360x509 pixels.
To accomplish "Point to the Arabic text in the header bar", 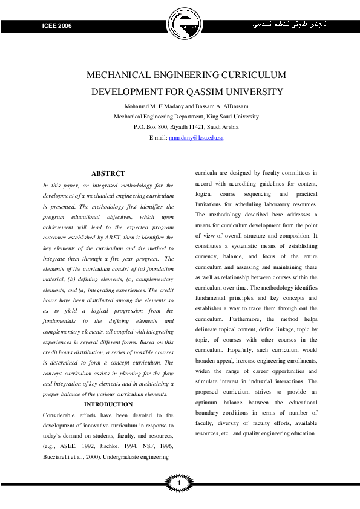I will (292, 26).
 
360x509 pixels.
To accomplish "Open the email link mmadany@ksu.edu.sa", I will (196, 138).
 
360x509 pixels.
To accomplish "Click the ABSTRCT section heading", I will (108, 173).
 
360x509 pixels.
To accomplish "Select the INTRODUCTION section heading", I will (108, 404).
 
